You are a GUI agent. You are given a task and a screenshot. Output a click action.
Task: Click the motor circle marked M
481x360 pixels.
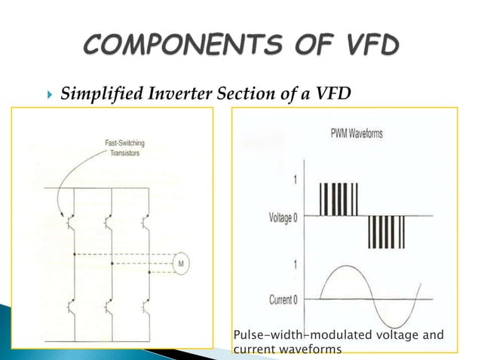pos(182,263)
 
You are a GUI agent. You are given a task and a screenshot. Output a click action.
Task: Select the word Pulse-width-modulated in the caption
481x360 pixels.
pos(295,334)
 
